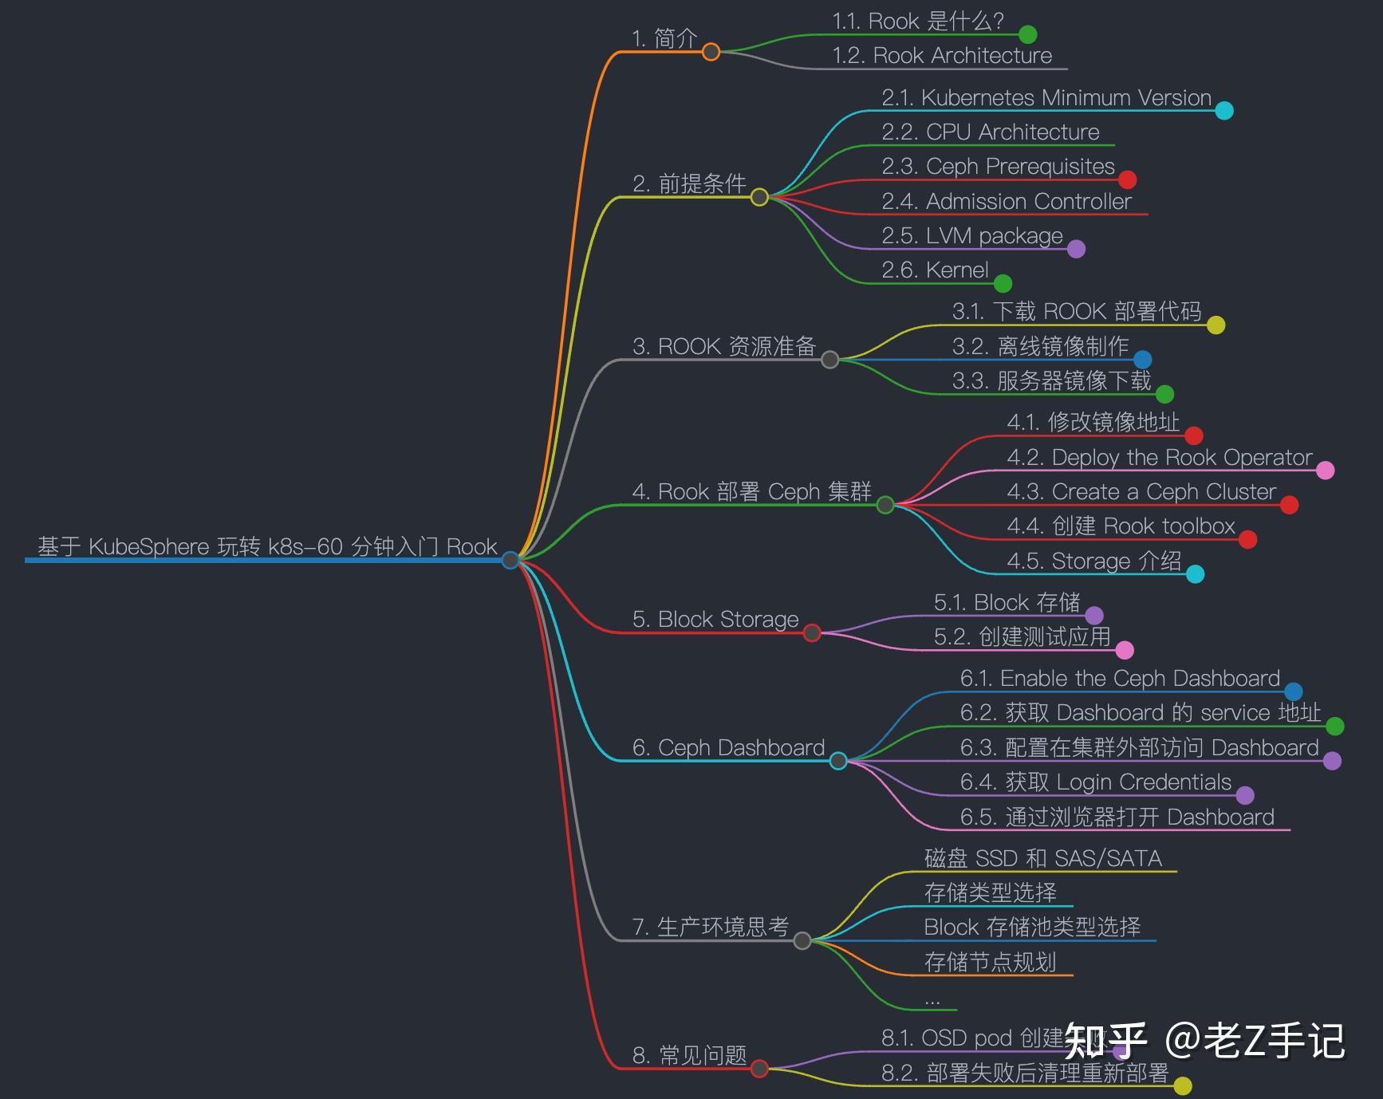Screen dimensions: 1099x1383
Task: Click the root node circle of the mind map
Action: click(510, 560)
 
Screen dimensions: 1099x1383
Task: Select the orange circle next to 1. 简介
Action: click(711, 52)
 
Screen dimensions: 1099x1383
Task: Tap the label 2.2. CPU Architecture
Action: click(990, 132)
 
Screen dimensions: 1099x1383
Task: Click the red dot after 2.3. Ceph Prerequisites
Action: click(1127, 179)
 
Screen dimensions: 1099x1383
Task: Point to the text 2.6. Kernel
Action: click(935, 270)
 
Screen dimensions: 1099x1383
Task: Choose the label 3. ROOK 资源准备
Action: click(723, 346)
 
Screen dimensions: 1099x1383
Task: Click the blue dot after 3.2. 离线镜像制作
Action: click(1142, 360)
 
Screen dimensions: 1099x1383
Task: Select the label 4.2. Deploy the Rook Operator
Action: click(1159, 457)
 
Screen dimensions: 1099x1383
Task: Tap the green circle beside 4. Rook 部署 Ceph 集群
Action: click(885, 505)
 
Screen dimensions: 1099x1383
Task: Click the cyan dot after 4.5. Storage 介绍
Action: click(1195, 574)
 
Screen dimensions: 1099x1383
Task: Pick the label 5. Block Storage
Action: click(715, 620)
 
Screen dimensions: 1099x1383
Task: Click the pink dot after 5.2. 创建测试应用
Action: click(1125, 650)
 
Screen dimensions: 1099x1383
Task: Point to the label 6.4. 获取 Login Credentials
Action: click(1095, 782)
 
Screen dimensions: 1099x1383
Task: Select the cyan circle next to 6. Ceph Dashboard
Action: click(838, 761)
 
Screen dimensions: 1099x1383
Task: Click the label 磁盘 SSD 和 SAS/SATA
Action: click(1042, 858)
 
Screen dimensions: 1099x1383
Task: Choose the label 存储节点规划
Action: click(990, 962)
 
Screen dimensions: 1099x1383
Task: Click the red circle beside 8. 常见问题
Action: click(759, 1068)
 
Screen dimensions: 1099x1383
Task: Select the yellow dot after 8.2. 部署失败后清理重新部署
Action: click(1183, 1085)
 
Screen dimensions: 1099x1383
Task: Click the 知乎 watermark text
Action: click(1105, 1041)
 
